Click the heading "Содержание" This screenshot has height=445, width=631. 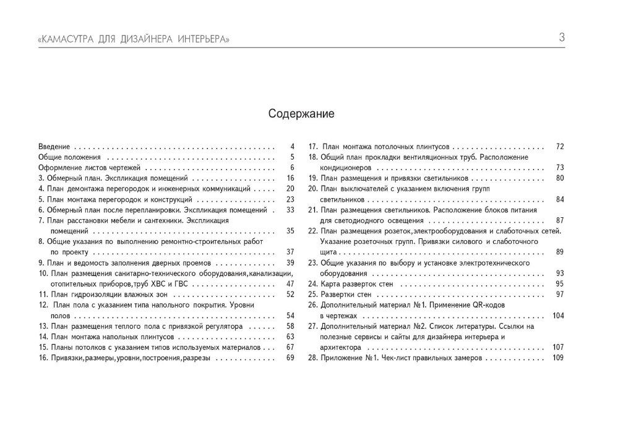coord(301,114)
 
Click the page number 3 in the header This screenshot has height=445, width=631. coord(562,38)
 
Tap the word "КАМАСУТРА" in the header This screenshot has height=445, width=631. coord(67,40)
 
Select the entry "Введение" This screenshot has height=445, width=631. coord(54,147)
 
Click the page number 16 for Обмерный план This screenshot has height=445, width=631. coord(290,178)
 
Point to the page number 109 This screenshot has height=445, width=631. coord(558,358)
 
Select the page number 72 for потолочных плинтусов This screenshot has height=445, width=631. coord(560,147)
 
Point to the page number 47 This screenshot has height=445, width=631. coord(290,283)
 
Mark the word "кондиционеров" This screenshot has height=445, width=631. coord(345,168)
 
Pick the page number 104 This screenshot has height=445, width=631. coord(558,316)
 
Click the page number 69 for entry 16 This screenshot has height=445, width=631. coord(290,358)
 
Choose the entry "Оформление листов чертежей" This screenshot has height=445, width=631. coord(90,168)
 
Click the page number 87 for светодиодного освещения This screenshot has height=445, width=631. coord(560,220)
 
